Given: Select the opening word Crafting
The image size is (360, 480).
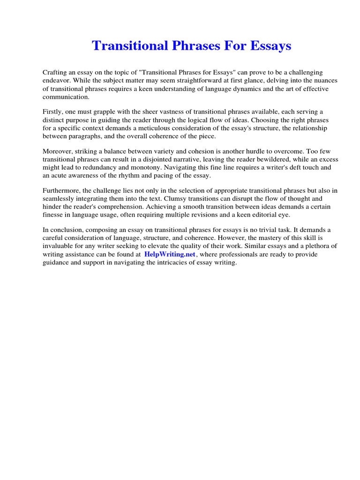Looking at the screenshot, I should tap(56, 72).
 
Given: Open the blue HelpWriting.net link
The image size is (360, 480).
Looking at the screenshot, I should tap(170, 254).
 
